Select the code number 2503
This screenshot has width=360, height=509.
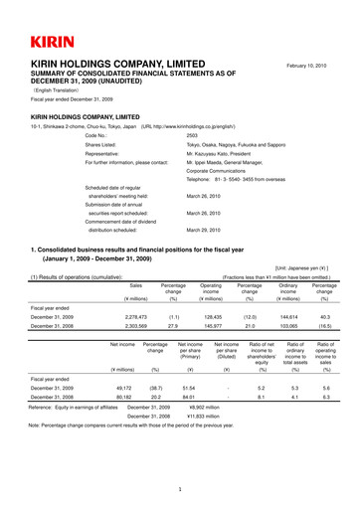point(193,133)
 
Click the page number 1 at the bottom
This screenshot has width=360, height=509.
point(179,489)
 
